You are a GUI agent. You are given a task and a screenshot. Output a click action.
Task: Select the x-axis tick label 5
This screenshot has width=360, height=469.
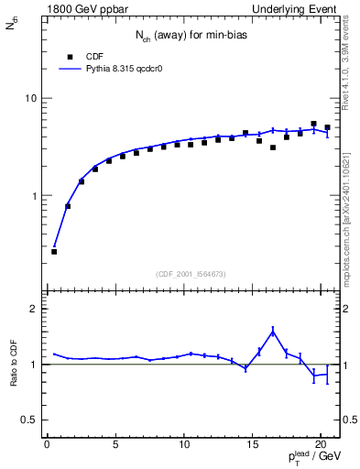[115, 445]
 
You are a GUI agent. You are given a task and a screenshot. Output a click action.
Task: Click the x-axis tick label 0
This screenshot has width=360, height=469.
[47, 445]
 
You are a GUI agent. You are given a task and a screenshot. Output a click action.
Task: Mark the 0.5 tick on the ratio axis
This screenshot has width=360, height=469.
[28, 420]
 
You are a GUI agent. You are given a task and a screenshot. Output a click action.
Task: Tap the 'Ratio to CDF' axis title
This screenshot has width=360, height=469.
[13, 364]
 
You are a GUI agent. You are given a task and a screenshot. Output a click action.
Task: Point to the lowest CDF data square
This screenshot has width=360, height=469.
[54, 251]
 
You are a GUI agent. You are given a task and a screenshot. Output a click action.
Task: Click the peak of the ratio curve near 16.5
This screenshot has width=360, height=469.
[273, 331]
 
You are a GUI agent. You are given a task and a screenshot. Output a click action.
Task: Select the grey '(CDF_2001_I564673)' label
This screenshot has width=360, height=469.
[192, 274]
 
